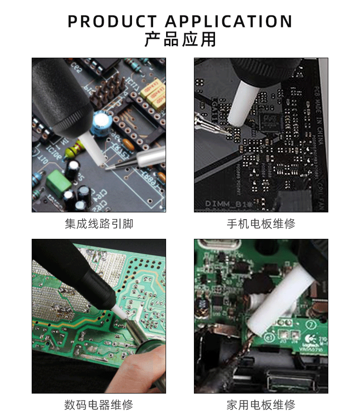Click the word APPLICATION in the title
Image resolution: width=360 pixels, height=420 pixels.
click(x=228, y=22)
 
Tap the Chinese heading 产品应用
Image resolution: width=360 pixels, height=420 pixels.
click(x=180, y=39)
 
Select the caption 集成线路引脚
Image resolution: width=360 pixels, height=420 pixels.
click(x=99, y=224)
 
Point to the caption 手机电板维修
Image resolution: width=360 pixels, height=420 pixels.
click(x=261, y=224)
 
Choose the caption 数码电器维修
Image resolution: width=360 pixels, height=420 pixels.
click(x=99, y=405)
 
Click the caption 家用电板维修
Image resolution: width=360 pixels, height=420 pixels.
click(x=261, y=405)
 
